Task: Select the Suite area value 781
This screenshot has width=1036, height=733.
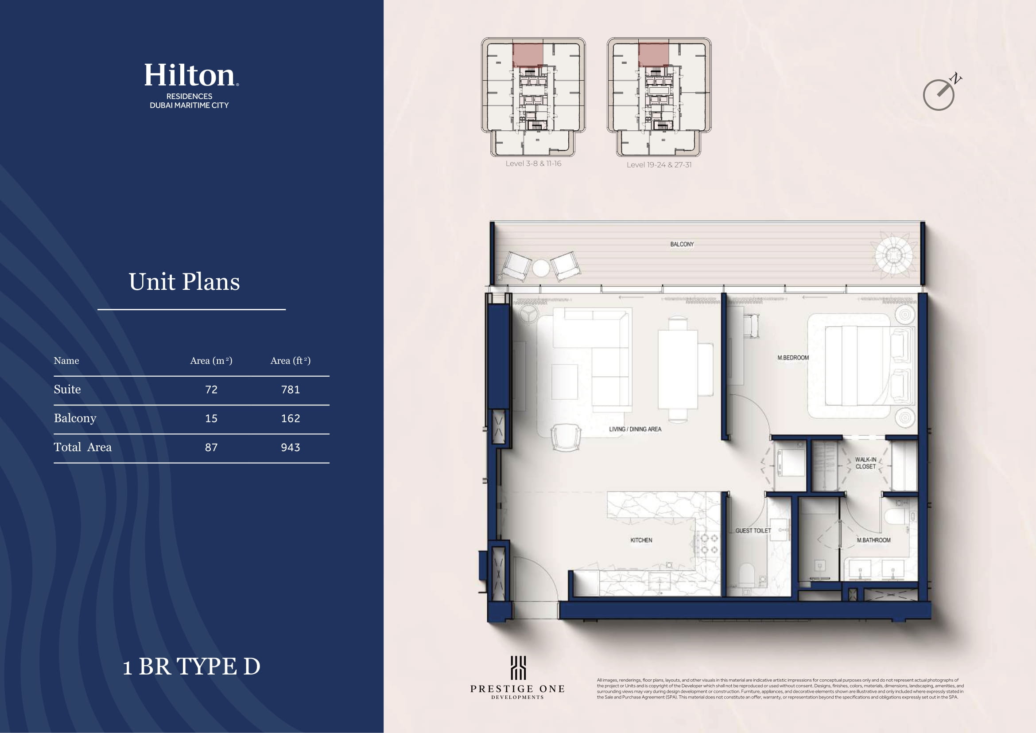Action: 291,390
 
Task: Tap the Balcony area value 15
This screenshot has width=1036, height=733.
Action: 211,418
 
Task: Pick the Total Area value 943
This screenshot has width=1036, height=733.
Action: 291,447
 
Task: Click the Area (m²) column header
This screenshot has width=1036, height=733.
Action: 211,361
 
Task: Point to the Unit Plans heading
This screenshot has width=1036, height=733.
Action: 184,282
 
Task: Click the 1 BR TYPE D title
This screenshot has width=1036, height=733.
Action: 192,666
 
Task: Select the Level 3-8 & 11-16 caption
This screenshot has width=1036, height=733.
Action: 533,164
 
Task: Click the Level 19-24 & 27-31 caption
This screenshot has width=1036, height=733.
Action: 659,165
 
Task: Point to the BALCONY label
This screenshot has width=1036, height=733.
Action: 682,244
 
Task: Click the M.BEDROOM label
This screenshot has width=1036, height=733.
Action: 793,358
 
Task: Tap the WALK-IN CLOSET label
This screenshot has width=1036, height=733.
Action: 865,463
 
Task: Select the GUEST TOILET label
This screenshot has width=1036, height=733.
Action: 753,531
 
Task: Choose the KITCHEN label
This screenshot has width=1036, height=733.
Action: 641,540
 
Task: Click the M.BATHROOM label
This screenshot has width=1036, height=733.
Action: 873,540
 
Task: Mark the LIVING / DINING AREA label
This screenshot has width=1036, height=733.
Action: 635,429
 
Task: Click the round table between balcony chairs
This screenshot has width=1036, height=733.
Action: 541,268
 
